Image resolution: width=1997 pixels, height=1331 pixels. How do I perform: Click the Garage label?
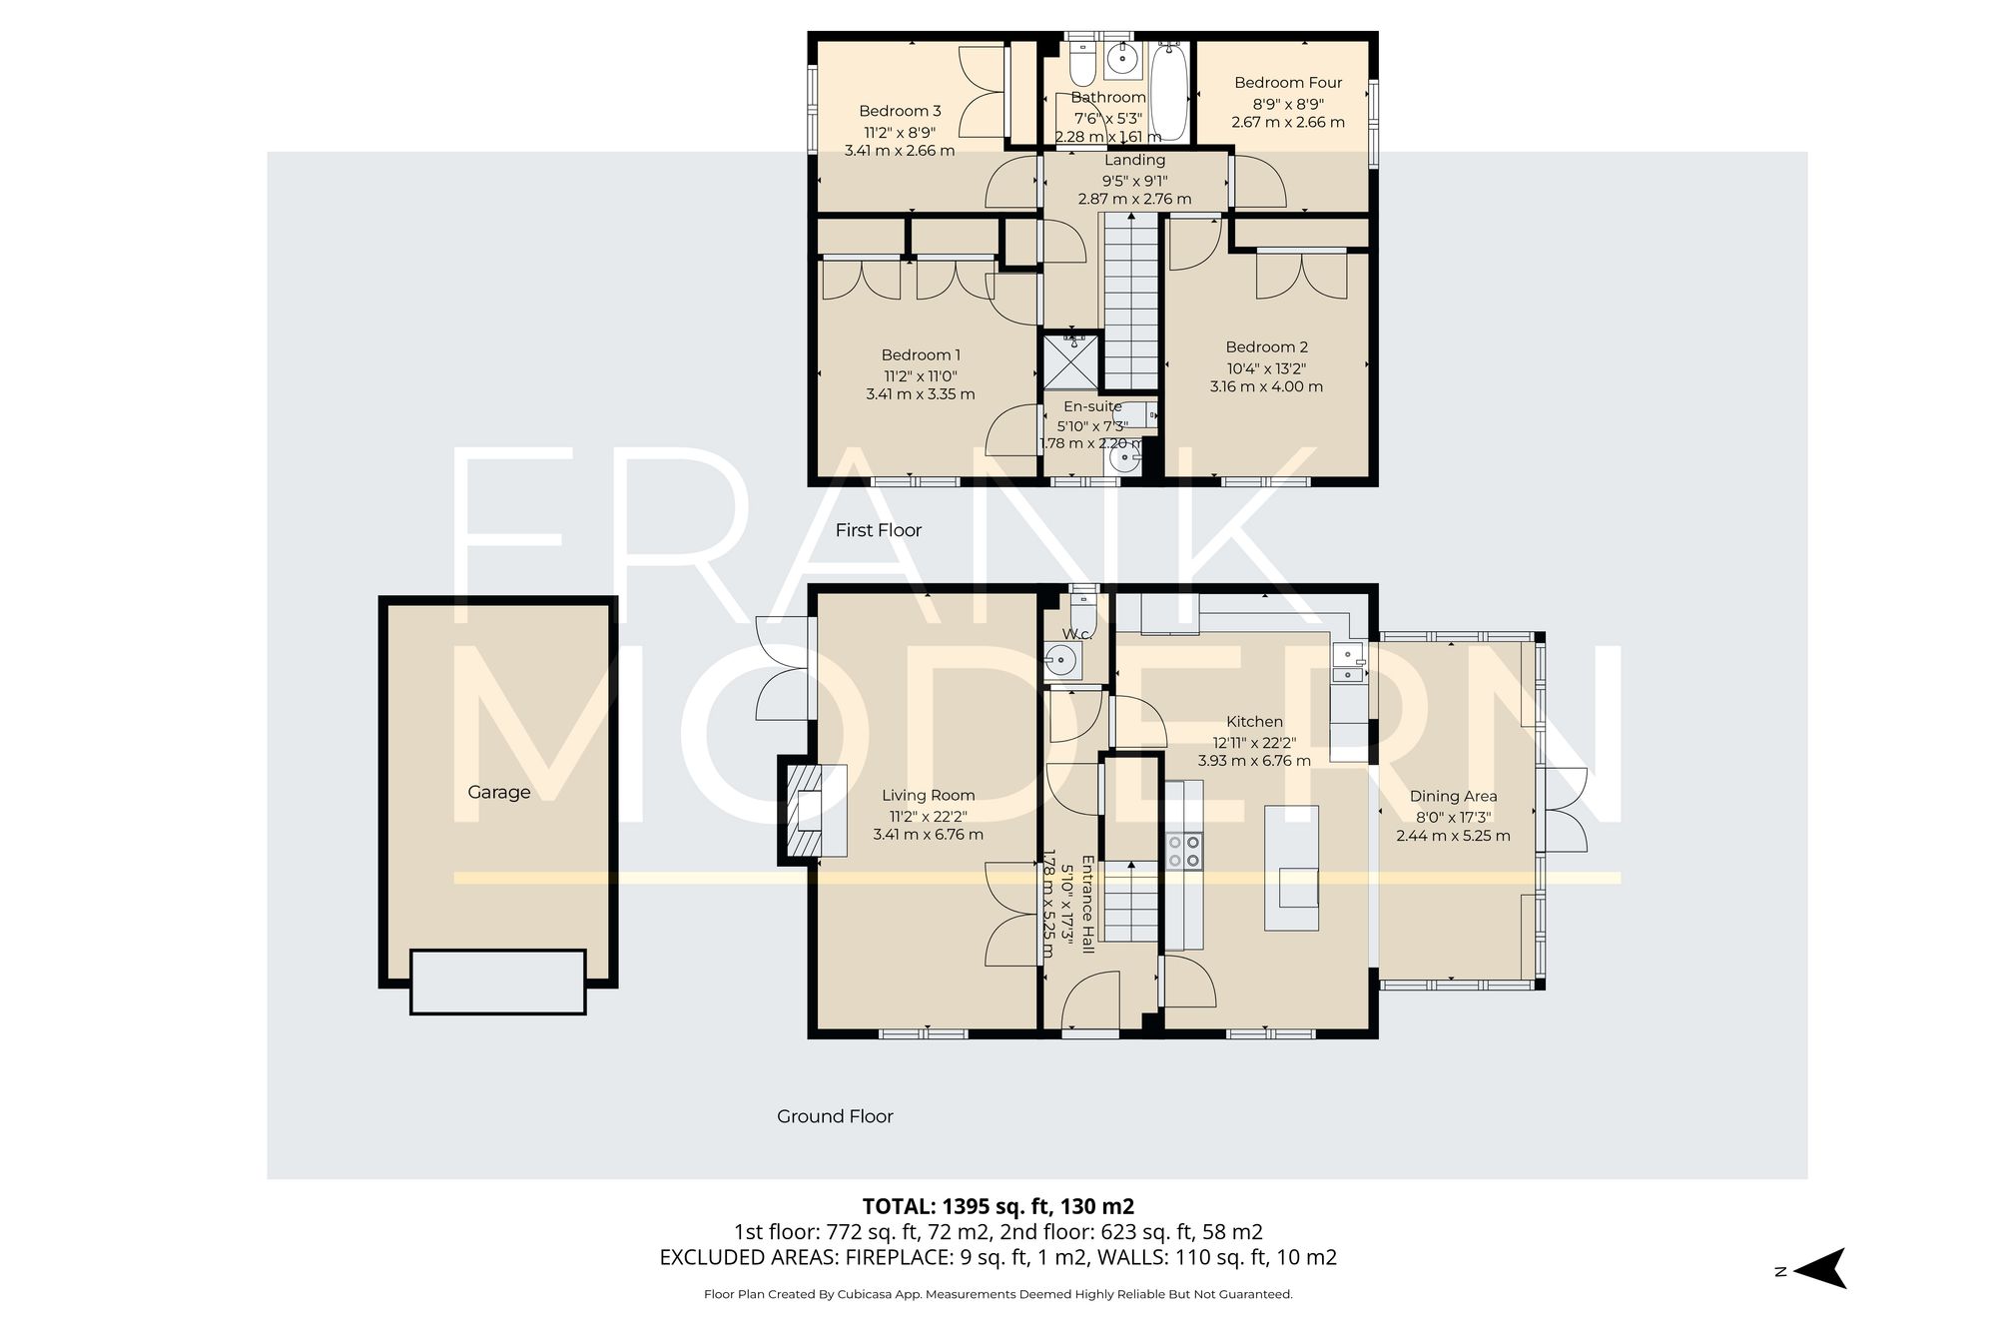click(498, 792)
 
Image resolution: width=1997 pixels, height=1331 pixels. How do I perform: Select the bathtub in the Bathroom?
click(1168, 93)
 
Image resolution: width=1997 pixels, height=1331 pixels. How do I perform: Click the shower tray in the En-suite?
click(1070, 361)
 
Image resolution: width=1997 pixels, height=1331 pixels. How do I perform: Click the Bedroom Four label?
click(1287, 83)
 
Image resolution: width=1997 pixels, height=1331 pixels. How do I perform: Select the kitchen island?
click(1291, 868)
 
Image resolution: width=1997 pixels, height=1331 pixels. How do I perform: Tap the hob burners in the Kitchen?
click(1184, 852)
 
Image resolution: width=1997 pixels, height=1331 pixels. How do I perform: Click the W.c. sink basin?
click(1060, 659)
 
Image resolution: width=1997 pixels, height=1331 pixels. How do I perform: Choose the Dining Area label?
click(1453, 796)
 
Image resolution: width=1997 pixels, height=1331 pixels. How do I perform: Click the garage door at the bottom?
click(497, 982)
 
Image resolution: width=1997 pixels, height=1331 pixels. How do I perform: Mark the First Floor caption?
click(878, 530)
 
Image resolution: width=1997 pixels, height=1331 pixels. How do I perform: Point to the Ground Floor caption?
click(835, 1116)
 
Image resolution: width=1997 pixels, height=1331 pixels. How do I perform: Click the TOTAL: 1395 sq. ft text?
click(998, 1205)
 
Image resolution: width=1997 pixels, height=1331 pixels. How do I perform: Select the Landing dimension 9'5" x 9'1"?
click(1134, 181)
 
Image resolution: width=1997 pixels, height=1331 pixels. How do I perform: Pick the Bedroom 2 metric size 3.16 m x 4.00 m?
click(1266, 386)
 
